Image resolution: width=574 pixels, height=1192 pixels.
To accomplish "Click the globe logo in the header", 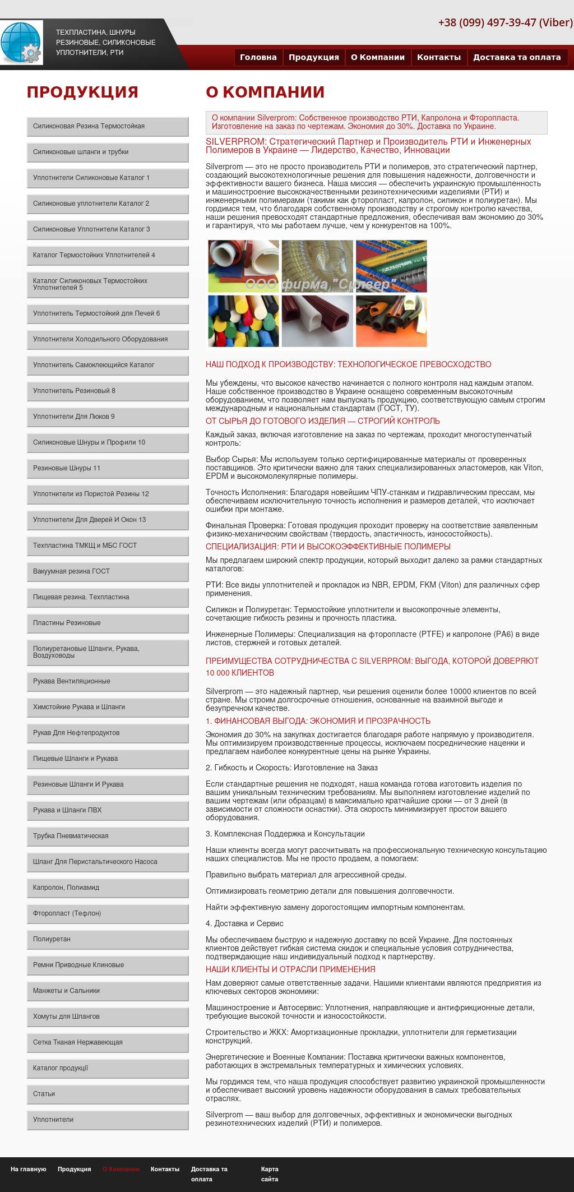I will point(21,43).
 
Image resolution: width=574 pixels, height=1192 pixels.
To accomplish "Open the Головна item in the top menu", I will point(258,57).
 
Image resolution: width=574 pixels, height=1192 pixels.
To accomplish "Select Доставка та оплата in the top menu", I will point(517,57).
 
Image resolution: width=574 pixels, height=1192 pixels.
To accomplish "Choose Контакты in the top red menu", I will point(438,57).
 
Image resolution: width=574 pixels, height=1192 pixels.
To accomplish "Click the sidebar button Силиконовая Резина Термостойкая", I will point(108,126).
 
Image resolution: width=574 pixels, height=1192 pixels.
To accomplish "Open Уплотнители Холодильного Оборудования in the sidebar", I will point(108,339).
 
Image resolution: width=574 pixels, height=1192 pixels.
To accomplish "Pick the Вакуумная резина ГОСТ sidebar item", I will point(108,571).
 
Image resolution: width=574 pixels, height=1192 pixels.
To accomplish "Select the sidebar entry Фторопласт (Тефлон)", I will point(108,913).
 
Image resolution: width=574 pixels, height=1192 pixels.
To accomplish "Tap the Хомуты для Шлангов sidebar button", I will point(108,1017).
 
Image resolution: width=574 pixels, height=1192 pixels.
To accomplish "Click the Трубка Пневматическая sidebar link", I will point(108,836).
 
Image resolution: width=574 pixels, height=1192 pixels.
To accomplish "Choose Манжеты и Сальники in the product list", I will point(108,991).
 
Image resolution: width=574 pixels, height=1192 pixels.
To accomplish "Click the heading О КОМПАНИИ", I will point(265,92).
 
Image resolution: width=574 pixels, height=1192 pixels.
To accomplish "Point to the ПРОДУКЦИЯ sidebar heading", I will point(82,92).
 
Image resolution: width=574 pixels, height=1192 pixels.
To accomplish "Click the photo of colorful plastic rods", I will point(243,321).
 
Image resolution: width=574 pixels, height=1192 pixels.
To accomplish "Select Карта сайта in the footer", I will point(270,1173).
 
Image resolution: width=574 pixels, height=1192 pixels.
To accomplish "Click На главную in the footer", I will point(28,1169).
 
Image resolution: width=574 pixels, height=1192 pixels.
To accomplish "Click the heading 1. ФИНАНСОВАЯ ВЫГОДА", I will point(318,721).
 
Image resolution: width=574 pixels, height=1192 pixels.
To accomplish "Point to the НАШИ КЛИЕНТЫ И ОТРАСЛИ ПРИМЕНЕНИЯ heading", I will point(290,969).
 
